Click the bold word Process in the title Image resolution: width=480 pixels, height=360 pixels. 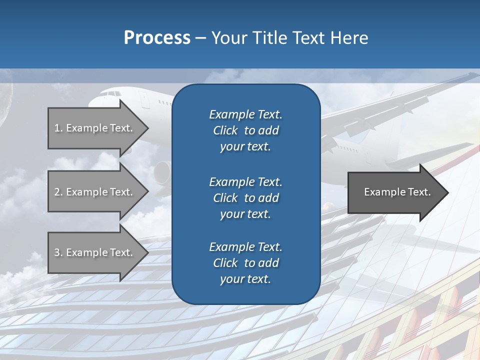157,38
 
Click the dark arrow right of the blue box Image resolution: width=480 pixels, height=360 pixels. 395,192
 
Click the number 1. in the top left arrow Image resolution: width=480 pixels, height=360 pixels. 58,128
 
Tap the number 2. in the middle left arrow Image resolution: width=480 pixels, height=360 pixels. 58,192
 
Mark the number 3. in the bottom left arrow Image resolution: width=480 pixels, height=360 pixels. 58,252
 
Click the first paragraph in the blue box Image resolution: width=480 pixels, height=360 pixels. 245,130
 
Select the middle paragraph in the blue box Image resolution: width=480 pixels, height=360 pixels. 245,197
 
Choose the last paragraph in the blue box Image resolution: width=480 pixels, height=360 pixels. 245,263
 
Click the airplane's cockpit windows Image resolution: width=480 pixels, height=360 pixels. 114,93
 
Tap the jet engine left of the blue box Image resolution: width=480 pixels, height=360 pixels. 162,172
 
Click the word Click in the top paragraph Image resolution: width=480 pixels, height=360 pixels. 225,130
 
